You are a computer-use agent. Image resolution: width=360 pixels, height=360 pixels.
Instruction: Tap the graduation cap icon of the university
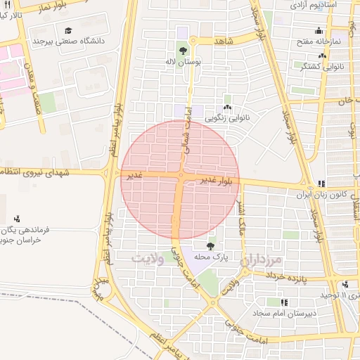click(69, 30)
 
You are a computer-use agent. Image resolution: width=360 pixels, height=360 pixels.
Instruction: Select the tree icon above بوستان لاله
click(183, 51)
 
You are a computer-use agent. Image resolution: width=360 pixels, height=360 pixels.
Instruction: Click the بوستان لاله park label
click(184, 63)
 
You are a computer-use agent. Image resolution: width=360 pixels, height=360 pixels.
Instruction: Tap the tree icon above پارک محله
click(210, 246)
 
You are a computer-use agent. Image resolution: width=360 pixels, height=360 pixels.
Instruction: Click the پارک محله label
click(210, 258)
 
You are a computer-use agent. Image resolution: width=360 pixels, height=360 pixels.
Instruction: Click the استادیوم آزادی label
click(323, 5)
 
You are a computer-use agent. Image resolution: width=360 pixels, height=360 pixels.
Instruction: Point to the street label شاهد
click(224, 41)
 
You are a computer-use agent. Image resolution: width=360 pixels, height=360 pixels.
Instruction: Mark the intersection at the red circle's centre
click(181, 179)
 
